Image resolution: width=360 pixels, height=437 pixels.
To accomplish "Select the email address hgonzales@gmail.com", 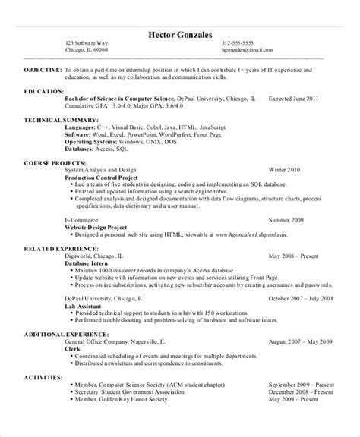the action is tap(247, 52).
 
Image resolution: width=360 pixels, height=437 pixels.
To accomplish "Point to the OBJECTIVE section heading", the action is tap(41, 69).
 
